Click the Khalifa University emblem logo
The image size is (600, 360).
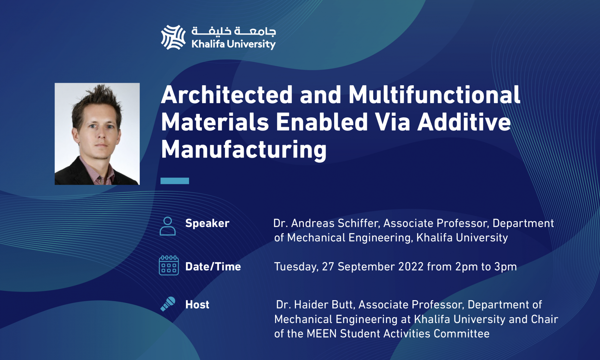[173, 37]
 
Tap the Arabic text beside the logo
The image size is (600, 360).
[234, 31]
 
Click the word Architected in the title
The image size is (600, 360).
[227, 95]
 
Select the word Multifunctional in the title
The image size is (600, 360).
[434, 95]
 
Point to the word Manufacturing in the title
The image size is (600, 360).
[244, 150]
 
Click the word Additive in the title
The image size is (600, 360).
[464, 122]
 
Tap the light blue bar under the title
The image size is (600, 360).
[175, 181]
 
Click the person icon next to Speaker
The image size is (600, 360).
[168, 226]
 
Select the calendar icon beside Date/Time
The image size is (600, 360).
[169, 265]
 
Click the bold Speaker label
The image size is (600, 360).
[207, 223]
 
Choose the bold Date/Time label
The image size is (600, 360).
[213, 267]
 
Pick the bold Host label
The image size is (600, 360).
[197, 305]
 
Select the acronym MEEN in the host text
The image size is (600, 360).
[322, 334]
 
